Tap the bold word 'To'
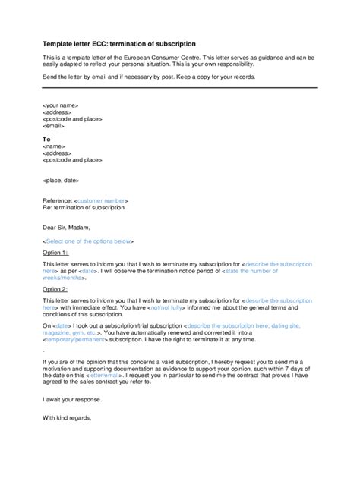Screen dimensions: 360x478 [46, 139]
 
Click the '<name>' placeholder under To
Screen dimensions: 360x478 [54, 146]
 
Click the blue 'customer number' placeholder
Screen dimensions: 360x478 [99, 200]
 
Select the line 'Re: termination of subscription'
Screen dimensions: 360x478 [83, 207]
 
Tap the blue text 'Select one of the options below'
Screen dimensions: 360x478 [89, 241]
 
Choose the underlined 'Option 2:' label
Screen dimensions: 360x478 [55, 289]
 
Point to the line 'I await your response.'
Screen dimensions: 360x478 [71, 399]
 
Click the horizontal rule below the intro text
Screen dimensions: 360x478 [179, 91]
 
